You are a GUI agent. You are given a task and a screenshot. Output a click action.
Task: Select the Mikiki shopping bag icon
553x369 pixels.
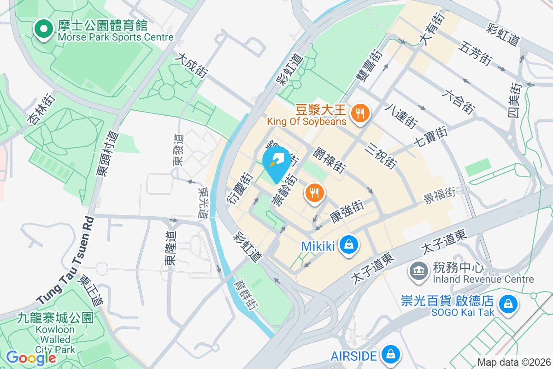pyautogui.click(x=349, y=245)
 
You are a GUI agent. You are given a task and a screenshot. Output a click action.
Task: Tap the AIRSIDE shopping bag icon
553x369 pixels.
pyautogui.click(x=390, y=354)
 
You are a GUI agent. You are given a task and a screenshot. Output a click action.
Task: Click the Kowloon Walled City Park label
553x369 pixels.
pyautogui.click(x=55, y=333)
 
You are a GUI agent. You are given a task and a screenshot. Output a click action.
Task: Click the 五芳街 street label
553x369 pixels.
pyautogui.click(x=475, y=53)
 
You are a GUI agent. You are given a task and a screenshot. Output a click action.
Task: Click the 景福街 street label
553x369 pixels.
pyautogui.click(x=439, y=196)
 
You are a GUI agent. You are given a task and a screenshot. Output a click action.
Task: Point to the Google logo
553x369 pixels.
pyautogui.click(x=31, y=358)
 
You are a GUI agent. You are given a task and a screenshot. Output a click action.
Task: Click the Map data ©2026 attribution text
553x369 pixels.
pyautogui.click(x=514, y=363)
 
